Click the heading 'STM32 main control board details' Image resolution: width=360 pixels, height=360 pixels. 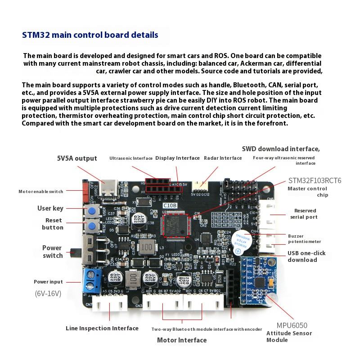tap(90, 35)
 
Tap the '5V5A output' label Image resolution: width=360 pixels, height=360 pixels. tap(76, 158)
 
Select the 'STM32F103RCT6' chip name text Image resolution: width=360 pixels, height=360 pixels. tap(315, 181)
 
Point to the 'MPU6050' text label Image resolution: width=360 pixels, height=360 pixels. tap(292, 325)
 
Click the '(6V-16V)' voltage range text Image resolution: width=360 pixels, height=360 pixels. tap(48, 294)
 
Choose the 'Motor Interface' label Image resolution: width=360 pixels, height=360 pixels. tap(182, 340)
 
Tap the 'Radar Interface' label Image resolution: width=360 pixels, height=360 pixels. tap(223, 158)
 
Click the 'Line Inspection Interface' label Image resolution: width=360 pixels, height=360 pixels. tap(102, 328)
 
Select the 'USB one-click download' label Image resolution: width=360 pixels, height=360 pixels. tap(308, 256)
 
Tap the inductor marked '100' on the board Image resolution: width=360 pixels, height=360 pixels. tap(145, 247)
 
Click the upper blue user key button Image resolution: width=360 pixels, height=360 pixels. tap(93, 211)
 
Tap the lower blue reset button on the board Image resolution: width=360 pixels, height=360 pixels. tap(93, 226)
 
